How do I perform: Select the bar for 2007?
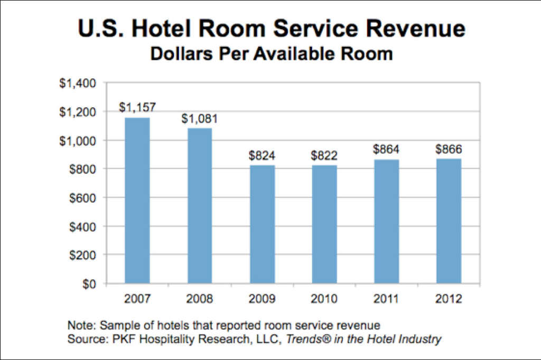pyautogui.click(x=137, y=201)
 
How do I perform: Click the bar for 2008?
pyautogui.click(x=199, y=206)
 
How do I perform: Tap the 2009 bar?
pyautogui.click(x=262, y=224)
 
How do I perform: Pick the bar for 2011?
pyautogui.click(x=386, y=222)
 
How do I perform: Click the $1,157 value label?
pyautogui.click(x=137, y=108)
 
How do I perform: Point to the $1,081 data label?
pyautogui.click(x=199, y=119)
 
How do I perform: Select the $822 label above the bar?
pyautogui.click(x=324, y=156)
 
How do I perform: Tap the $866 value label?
pyautogui.click(x=449, y=149)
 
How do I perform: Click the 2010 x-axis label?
pyautogui.click(x=324, y=299)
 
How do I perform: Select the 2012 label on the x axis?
pyautogui.click(x=449, y=299)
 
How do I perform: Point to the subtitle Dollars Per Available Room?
pyautogui.click(x=271, y=54)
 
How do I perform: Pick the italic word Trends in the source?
pyautogui.click(x=307, y=339)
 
